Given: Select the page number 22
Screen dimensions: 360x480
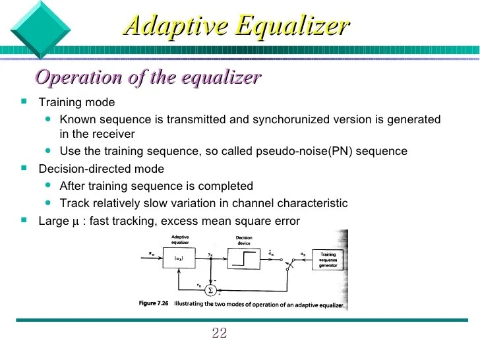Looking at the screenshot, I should [220, 332].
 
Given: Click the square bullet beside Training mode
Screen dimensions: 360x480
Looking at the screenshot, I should [24, 102].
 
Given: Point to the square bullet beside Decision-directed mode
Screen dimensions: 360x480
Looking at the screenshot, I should [24, 169].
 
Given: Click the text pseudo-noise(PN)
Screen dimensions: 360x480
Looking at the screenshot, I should [312, 152].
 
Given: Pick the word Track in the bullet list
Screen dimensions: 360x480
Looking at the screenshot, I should [73, 203].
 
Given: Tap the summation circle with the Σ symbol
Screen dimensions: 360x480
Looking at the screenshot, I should [210, 289].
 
